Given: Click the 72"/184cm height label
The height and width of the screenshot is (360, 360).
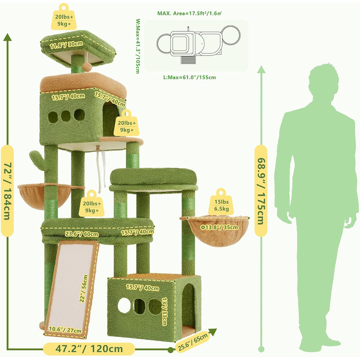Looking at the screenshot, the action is pyautogui.click(x=7, y=191).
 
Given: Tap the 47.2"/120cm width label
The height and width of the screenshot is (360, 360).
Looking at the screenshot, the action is pyautogui.click(x=89, y=349).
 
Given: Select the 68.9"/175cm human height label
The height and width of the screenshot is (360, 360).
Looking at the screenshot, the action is pyautogui.click(x=261, y=191).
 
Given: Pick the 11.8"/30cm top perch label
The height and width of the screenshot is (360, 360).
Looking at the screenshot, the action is pyautogui.click(x=66, y=45).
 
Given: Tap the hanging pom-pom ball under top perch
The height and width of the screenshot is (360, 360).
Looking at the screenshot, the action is pyautogui.click(x=86, y=67).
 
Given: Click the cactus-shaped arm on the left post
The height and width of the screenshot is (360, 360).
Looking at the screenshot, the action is pyautogui.click(x=37, y=159).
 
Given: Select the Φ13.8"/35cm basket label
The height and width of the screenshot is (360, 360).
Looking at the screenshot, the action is pyautogui.click(x=219, y=227).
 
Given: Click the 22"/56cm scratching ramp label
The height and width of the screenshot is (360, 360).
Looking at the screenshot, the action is pyautogui.click(x=83, y=289).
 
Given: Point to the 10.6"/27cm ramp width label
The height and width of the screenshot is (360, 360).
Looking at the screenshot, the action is pyautogui.click(x=65, y=330).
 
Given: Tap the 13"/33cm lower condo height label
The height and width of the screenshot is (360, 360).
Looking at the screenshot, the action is pyautogui.click(x=165, y=311).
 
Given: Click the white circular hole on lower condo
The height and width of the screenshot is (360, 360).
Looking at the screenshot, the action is pyautogui.click(x=124, y=305).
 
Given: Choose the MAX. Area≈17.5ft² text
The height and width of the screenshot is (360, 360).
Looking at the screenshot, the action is pyautogui.click(x=189, y=13).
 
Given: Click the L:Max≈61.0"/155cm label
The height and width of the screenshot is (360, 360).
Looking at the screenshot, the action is pyautogui.click(x=189, y=77).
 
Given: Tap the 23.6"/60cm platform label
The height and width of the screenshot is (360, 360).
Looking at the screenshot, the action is pyautogui.click(x=82, y=233).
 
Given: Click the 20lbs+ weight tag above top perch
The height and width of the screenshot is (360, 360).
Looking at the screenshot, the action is pyautogui.click(x=64, y=17).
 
